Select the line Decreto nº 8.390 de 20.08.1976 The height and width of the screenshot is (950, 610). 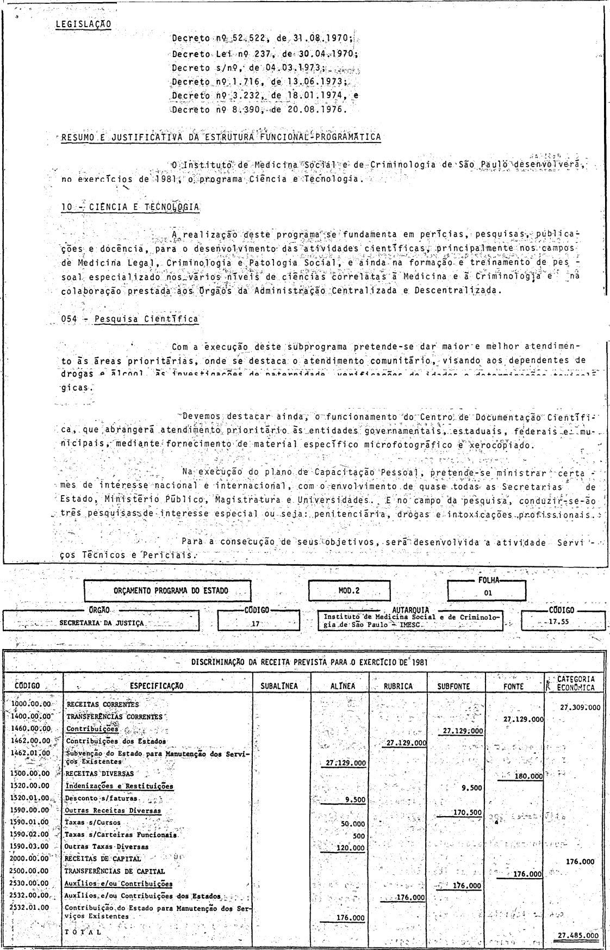pos(258,109)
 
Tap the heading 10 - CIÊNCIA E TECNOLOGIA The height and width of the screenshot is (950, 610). pos(130,207)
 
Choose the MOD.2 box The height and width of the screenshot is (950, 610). pos(348,590)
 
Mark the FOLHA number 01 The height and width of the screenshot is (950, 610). pos(487,593)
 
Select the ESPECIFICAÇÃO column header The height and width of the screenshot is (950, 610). pos(157,686)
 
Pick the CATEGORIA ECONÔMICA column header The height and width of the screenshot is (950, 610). pos(575,683)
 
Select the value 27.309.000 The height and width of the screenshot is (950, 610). pos(580,707)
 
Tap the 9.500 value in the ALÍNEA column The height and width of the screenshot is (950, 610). pos(354,800)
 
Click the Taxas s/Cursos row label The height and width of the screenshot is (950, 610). pos(92,823)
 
